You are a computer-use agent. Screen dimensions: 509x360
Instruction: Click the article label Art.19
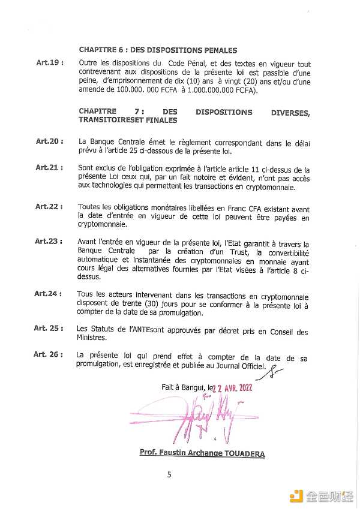pyautogui.click(x=49, y=62)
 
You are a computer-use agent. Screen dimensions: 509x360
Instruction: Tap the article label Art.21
pyautogui.click(x=49, y=167)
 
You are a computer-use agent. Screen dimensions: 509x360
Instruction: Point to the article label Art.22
pyautogui.click(x=49, y=206)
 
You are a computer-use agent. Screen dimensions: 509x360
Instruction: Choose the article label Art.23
pyautogui.click(x=49, y=241)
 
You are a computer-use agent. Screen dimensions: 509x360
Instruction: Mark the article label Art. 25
pyautogui.click(x=49, y=328)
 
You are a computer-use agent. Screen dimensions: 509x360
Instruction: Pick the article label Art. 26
pyautogui.click(x=49, y=354)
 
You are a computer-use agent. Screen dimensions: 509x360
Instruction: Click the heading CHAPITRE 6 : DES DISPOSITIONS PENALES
pyautogui.click(x=158, y=50)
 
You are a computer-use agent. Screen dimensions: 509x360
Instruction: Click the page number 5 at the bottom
pyautogui.click(x=169, y=474)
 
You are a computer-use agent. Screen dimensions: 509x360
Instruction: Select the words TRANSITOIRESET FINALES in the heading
pyautogui.click(x=128, y=120)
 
